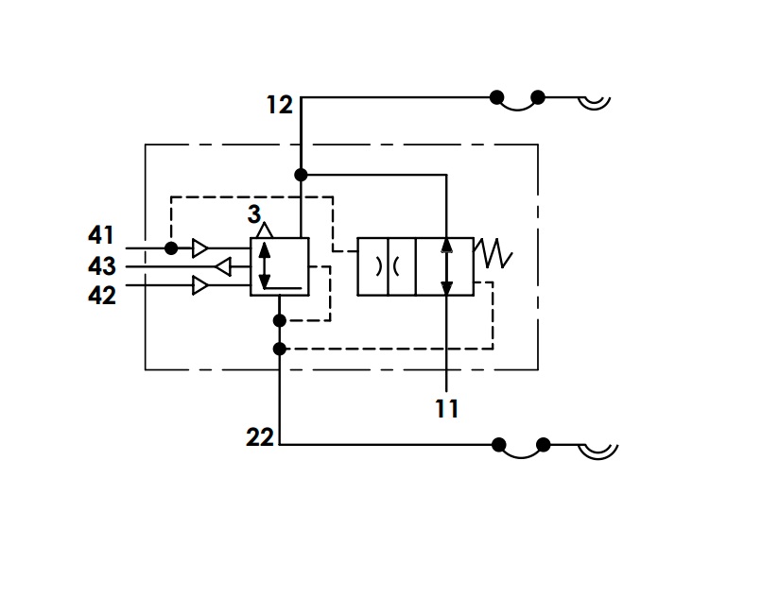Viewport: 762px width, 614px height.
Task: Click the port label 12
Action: (x=280, y=105)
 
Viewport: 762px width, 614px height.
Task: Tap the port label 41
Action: (x=101, y=235)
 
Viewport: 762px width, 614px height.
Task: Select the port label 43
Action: (x=101, y=266)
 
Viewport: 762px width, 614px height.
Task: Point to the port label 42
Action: (x=101, y=295)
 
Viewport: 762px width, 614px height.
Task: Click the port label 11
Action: (x=446, y=409)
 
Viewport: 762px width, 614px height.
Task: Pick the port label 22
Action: (x=260, y=437)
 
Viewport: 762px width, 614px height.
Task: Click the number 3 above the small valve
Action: (x=253, y=214)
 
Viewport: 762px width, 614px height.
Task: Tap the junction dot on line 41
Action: (x=171, y=248)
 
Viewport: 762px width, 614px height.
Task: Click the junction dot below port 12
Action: (x=301, y=175)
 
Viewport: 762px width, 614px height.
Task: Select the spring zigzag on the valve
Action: (x=494, y=253)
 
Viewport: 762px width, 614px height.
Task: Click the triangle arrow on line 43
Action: (x=222, y=266)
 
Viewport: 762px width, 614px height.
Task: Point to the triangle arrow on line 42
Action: (x=200, y=285)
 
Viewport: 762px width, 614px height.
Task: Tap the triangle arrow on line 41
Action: (x=200, y=248)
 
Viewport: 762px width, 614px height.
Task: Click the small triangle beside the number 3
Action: (x=265, y=230)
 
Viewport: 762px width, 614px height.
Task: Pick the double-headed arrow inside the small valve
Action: (x=265, y=266)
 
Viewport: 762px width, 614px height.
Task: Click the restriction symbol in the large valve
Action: (x=388, y=266)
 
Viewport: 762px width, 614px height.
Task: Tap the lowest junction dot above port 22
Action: (x=280, y=349)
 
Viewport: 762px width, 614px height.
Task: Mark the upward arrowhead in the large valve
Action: (x=446, y=245)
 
